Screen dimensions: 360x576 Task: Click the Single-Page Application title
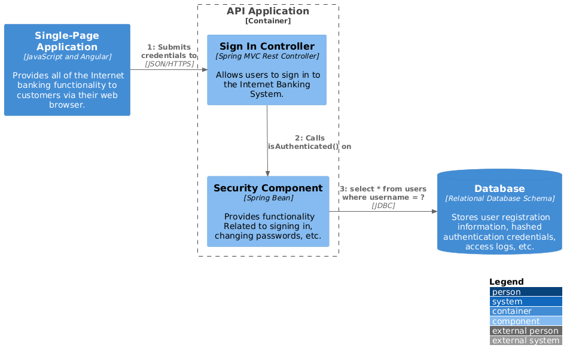click(x=67, y=41)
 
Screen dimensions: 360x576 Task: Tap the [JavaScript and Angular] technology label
click(x=67, y=57)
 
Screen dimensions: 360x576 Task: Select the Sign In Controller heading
click(x=267, y=47)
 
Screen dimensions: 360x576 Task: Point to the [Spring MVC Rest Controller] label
click(x=267, y=56)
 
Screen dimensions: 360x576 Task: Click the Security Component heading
click(x=268, y=188)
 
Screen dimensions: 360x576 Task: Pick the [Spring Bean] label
click(x=268, y=197)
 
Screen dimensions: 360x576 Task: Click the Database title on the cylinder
click(x=499, y=189)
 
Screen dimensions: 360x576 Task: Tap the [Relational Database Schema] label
click(x=499, y=199)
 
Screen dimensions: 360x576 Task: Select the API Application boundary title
click(x=268, y=11)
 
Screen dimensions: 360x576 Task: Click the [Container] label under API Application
click(x=268, y=21)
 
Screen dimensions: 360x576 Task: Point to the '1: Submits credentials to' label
click(x=169, y=51)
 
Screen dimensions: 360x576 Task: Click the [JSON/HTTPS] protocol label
click(x=169, y=63)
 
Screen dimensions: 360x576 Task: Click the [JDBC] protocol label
click(x=383, y=206)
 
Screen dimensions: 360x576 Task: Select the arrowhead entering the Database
click(x=434, y=211)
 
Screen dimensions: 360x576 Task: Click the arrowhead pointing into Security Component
click(x=267, y=173)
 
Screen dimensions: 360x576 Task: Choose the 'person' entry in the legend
click(x=506, y=292)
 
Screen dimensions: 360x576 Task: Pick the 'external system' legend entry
click(x=525, y=341)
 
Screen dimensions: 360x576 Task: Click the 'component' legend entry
click(x=516, y=321)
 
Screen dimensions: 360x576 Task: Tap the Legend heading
click(x=506, y=282)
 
